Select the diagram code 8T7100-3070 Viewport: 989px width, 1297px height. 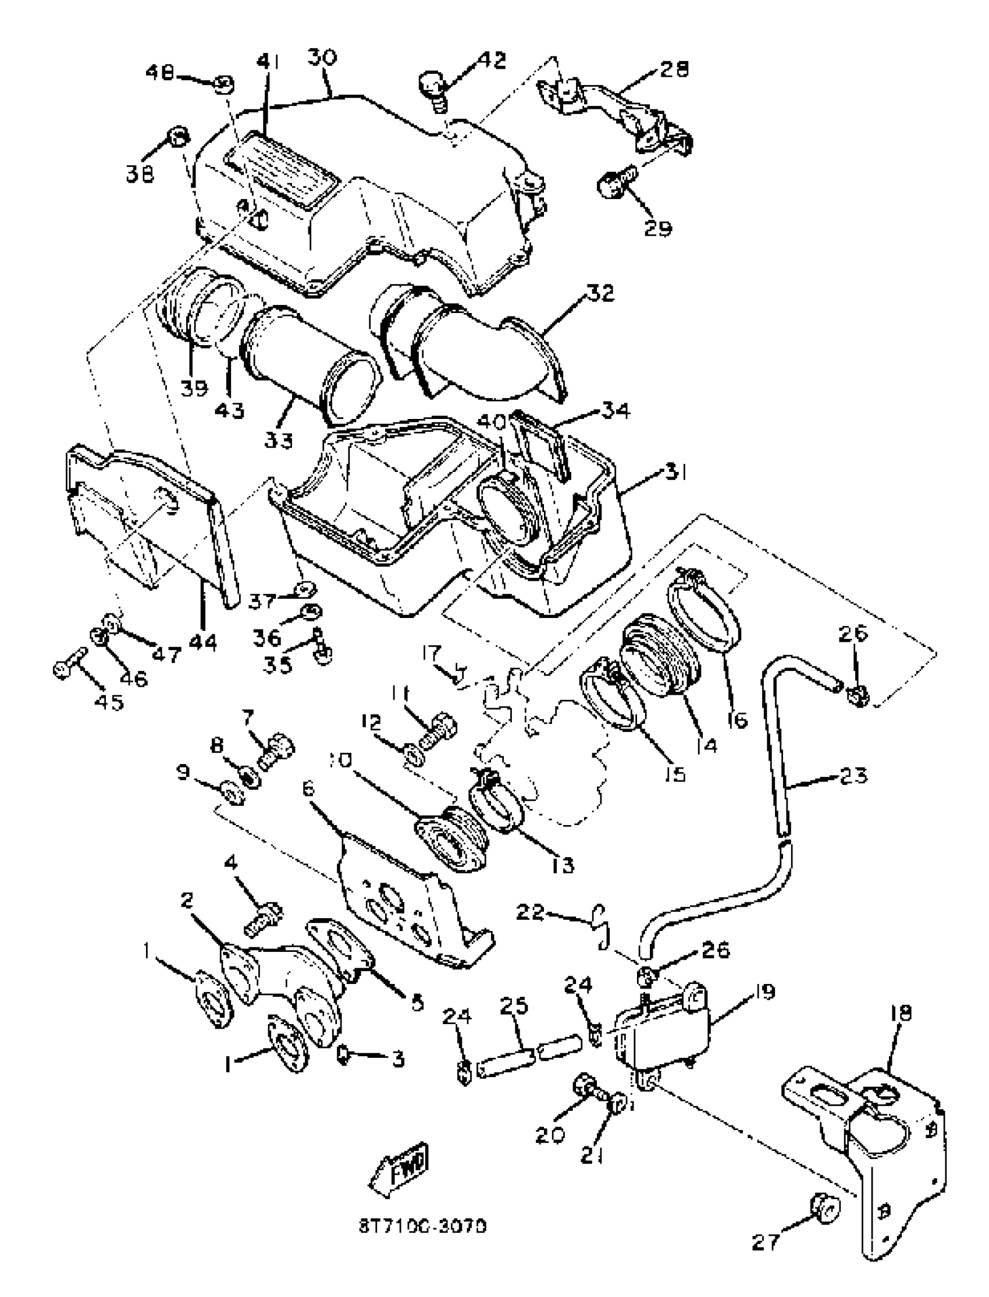tap(423, 1227)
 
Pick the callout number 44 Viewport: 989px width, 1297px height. tap(202, 642)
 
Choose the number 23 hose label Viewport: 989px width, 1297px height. tap(853, 776)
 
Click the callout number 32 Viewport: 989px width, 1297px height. tap(600, 293)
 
